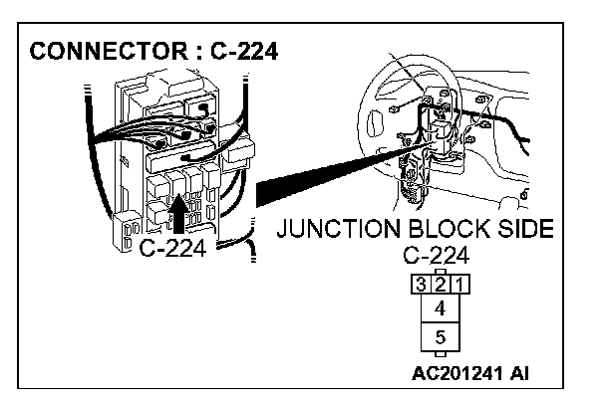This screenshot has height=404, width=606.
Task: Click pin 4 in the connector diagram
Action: [x=441, y=309]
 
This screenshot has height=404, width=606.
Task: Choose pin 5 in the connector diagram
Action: [x=441, y=336]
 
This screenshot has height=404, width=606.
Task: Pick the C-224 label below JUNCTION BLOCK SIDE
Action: [x=441, y=254]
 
